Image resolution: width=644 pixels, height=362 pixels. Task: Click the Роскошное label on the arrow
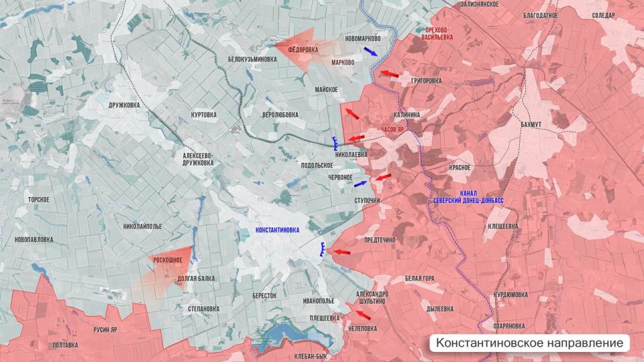[168, 259]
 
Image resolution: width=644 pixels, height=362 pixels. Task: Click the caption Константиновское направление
[530, 343]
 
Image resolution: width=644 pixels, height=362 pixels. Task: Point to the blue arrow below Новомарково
[370, 51]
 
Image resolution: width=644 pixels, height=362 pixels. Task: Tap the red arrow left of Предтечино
[342, 252]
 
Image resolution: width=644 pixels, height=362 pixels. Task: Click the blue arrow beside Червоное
[360, 183]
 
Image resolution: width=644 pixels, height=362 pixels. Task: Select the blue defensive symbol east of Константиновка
[323, 250]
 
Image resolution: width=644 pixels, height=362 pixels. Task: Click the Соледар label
[603, 15]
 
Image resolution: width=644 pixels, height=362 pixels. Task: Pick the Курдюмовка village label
[510, 294]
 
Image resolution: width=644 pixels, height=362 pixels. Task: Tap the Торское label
[38, 200]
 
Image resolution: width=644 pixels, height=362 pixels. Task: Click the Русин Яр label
[105, 329]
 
